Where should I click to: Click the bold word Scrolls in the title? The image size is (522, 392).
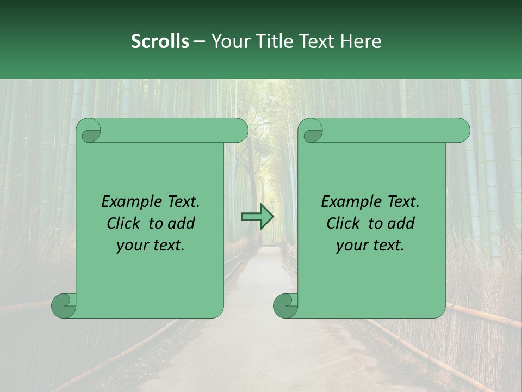160,41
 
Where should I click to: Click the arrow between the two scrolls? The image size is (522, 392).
258,217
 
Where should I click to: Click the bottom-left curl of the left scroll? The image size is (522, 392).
64,305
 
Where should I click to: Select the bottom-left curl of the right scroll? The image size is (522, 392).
286,305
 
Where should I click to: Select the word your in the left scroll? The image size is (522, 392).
132,246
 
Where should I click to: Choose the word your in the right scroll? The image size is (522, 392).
351,246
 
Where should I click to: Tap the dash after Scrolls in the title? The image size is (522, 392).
199,41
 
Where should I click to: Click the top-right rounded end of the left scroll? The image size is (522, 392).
239,131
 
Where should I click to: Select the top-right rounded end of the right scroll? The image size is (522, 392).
461,131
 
